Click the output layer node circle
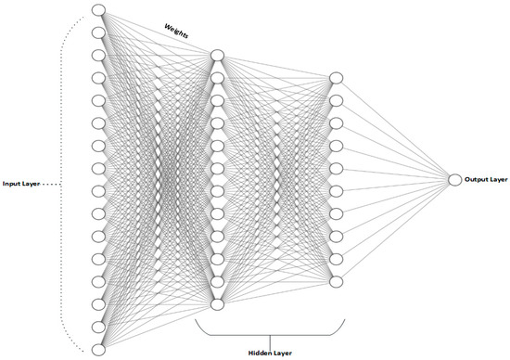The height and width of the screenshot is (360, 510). [454, 179]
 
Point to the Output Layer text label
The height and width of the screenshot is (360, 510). [486, 179]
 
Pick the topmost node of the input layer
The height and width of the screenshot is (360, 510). [99, 10]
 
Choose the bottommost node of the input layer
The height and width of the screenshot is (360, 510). [99, 348]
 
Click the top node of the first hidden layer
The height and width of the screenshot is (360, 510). [217, 56]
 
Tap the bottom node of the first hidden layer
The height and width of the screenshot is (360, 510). [217, 304]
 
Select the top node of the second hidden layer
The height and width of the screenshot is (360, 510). [337, 78]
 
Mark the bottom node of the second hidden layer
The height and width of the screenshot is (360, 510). [337, 281]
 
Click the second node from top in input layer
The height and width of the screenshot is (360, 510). [99, 32]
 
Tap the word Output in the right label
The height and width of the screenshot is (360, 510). [478, 179]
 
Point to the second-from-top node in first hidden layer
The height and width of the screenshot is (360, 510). [217, 78]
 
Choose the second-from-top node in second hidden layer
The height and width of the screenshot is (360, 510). [337, 100]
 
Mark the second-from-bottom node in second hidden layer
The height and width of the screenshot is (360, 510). [337, 259]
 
